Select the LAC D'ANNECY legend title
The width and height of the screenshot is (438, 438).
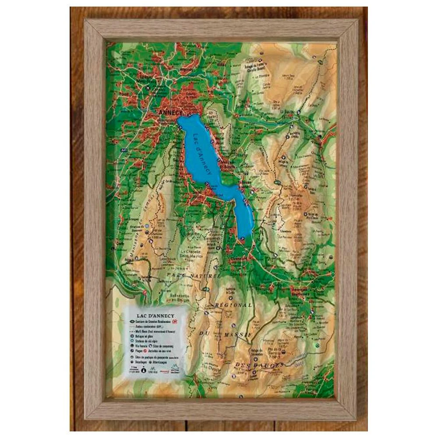click(x=155, y=315)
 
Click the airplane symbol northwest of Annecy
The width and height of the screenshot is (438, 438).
click(x=148, y=88)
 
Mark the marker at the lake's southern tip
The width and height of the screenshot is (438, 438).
click(x=242, y=238)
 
